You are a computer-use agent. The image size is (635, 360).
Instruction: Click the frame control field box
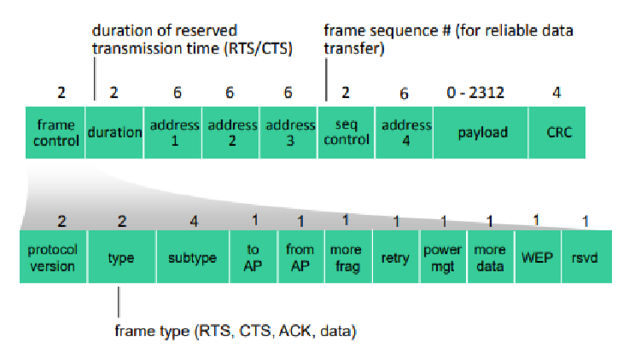pos(55,132)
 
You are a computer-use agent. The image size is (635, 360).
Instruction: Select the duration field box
pos(114,132)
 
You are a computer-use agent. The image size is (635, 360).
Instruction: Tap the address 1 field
pos(173,132)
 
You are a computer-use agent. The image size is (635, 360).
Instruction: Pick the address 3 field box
pos(288,132)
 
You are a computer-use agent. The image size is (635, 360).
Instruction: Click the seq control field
pos(347,132)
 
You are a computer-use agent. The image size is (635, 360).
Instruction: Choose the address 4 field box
pos(405,132)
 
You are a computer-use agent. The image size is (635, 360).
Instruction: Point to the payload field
pos(481,132)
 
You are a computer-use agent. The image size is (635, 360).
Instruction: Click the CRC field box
pos(557,132)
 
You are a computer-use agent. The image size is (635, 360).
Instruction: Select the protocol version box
pos(53,257)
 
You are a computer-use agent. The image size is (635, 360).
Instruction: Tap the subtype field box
pos(193,257)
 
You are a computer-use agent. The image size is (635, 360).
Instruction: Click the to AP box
pos(253,257)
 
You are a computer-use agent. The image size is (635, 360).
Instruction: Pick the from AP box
pos(301,257)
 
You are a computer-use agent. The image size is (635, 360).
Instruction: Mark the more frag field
pos(348,257)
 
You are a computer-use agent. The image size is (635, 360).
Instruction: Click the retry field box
pos(396,257)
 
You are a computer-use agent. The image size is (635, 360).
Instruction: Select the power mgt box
pos(444,257)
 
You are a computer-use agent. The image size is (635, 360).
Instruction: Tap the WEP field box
pos(538,257)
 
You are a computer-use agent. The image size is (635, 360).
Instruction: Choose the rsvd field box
pos(587,257)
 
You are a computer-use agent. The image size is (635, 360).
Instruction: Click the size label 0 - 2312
pos(475,93)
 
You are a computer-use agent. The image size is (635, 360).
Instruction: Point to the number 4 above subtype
pos(194,222)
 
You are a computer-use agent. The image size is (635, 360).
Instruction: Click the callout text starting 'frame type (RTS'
pos(236,331)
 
